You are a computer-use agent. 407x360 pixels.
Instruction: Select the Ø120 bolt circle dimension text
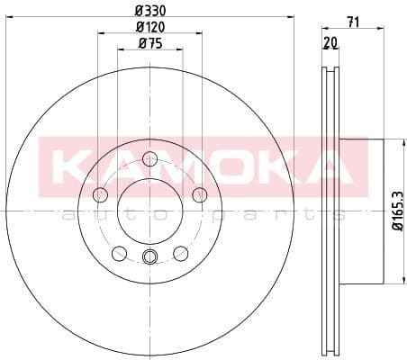coord(149,26)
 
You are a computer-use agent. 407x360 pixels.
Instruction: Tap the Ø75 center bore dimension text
coord(149,44)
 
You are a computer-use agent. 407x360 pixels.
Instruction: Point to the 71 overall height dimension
coord(353,23)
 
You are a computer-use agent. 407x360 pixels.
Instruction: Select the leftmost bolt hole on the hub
coord(100,196)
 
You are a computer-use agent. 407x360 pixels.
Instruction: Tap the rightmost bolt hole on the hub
coord(200,196)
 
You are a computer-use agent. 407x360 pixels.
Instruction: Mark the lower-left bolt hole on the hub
coord(119,253)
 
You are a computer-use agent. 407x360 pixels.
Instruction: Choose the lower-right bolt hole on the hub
coord(181,253)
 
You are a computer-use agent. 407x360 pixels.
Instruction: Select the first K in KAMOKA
coord(70,163)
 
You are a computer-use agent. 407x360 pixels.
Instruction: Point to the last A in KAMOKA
coord(332,163)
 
